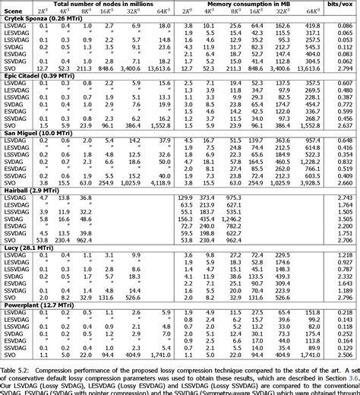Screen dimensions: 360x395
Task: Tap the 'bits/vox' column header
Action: pos(343,5)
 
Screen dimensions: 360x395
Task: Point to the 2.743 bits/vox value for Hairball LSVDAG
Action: pos(343,197)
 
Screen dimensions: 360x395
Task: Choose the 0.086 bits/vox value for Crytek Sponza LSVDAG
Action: pos(343,29)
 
